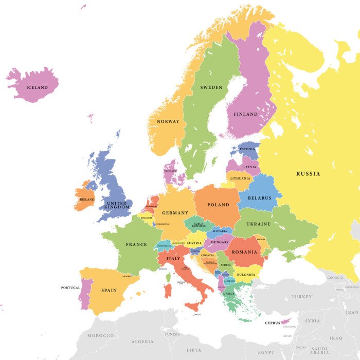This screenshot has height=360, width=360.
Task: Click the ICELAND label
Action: [x=37, y=88]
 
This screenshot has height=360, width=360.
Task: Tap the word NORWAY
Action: [x=168, y=122]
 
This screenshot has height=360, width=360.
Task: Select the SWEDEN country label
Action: [x=211, y=88]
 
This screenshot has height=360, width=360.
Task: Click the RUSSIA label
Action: [x=308, y=174]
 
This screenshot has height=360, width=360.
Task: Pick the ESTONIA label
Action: [x=248, y=150]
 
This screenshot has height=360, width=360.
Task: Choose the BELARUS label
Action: [x=259, y=198]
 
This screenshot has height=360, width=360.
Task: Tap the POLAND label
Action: [x=218, y=205]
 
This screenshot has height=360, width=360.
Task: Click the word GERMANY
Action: [x=175, y=213]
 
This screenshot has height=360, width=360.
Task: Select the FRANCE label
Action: [x=136, y=245]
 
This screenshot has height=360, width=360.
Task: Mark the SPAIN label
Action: [x=109, y=291]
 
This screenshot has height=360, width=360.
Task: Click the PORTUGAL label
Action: [x=70, y=287]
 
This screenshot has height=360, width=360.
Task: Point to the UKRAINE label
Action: [x=258, y=224]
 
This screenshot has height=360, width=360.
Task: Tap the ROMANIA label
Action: [x=244, y=252]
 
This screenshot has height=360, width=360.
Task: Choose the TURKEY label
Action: [x=301, y=297]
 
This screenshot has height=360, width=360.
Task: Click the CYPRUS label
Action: [x=272, y=323]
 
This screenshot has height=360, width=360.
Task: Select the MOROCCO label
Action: [x=100, y=336]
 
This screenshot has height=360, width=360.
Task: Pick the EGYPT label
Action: [x=266, y=352]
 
